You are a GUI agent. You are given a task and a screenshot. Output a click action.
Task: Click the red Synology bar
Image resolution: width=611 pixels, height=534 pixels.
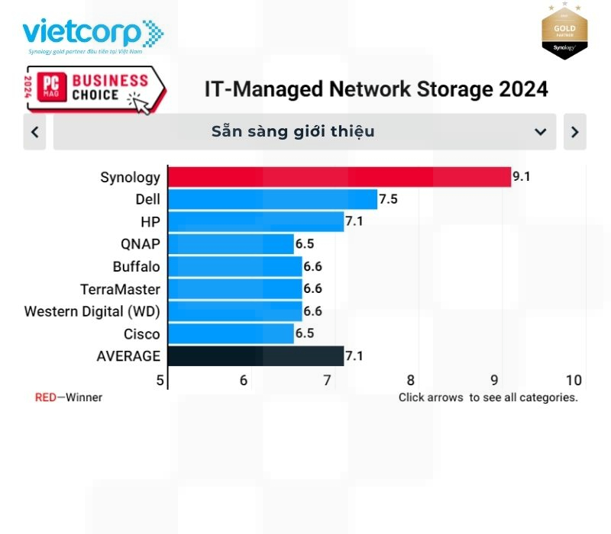(338, 177)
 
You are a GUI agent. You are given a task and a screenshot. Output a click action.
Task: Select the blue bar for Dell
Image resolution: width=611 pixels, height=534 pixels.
(272, 200)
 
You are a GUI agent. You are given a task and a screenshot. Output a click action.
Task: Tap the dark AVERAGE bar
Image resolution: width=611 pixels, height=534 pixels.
(255, 356)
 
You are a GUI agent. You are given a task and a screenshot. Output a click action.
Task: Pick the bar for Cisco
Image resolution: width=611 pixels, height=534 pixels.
(231, 334)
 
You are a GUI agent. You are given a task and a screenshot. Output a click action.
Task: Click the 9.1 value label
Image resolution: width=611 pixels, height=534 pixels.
(521, 177)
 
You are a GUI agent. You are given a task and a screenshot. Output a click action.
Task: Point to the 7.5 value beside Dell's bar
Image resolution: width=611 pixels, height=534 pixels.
(388, 200)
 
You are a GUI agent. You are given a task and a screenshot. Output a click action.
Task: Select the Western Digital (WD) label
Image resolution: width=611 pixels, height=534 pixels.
(92, 311)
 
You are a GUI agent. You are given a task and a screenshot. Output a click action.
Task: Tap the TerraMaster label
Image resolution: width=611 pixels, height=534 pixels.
(121, 289)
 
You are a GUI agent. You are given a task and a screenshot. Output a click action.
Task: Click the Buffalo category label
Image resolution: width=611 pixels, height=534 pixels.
(137, 267)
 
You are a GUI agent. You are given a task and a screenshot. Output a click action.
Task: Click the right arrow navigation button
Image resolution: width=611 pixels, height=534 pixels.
(574, 132)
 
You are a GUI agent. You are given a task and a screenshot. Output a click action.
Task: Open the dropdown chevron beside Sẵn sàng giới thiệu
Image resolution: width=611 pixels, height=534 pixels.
(541, 132)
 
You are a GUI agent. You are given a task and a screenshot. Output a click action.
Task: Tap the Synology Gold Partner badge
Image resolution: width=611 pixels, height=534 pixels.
(564, 31)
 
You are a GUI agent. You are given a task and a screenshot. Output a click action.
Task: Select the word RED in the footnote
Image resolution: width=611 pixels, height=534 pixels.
(45, 397)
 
